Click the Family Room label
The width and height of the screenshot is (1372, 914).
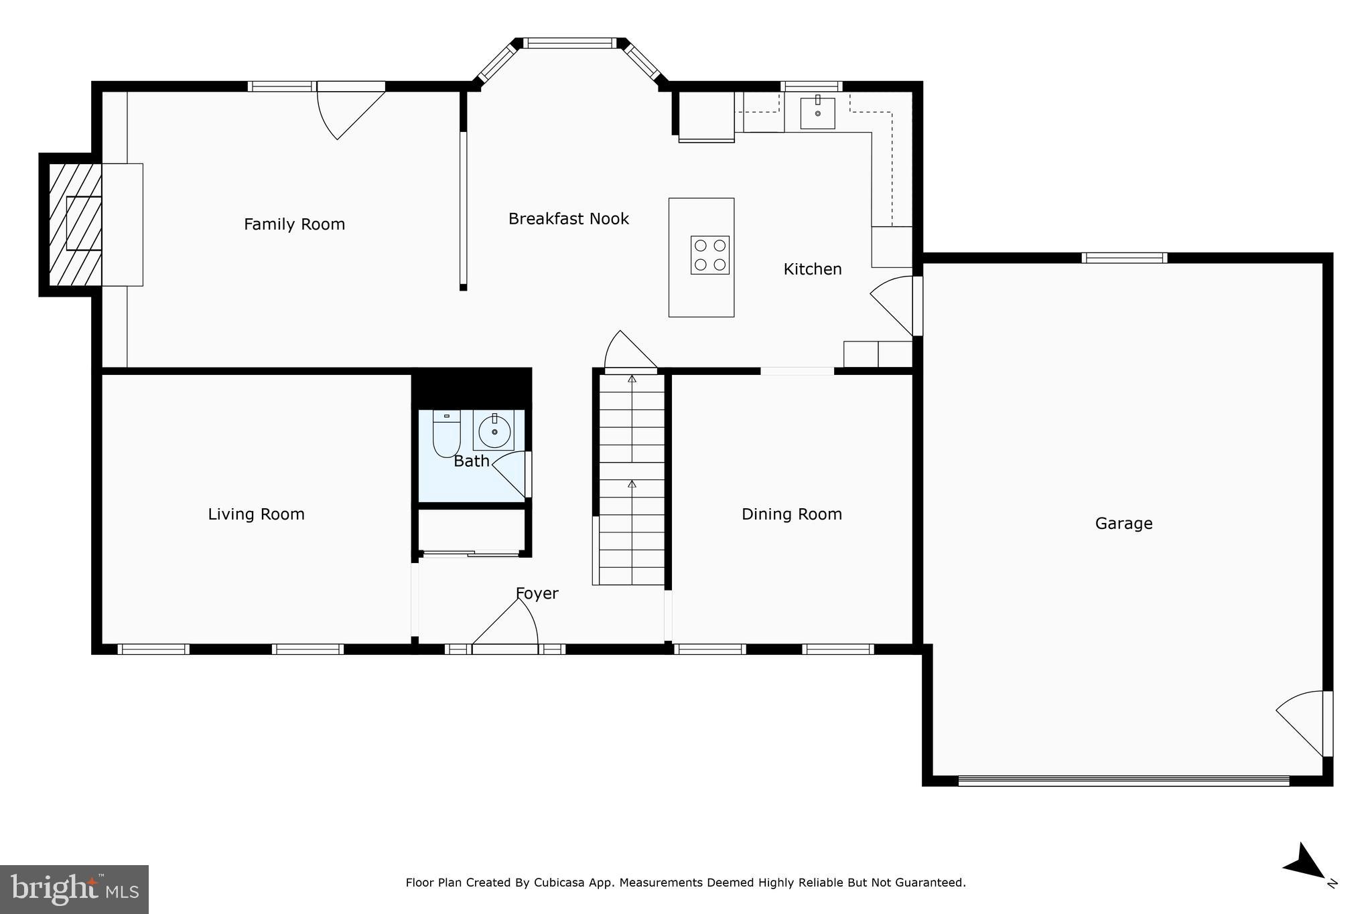pyautogui.click(x=294, y=224)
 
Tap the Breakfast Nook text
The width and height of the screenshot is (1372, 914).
pyautogui.click(x=568, y=219)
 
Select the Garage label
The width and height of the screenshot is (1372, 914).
pyautogui.click(x=1123, y=524)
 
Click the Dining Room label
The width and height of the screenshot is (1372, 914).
pyautogui.click(x=791, y=514)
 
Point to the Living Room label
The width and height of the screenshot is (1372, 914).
pyautogui.click(x=256, y=514)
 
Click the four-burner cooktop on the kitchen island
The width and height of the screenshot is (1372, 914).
pyautogui.click(x=710, y=255)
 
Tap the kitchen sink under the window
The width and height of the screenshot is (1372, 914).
pyautogui.click(x=817, y=113)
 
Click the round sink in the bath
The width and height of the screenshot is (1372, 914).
pyautogui.click(x=494, y=431)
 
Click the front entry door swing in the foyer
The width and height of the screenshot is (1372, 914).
pyautogui.click(x=509, y=626)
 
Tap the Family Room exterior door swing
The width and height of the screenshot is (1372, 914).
pyautogui.click(x=348, y=110)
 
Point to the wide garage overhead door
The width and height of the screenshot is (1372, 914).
pyautogui.click(x=1123, y=780)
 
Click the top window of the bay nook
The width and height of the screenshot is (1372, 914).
pyautogui.click(x=569, y=44)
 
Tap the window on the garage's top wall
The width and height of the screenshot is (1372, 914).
pyautogui.click(x=1124, y=258)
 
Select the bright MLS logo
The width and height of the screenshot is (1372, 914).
pyautogui.click(x=74, y=889)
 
